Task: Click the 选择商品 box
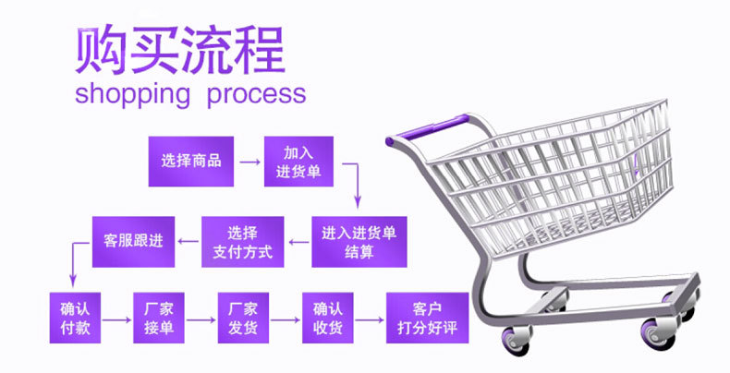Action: tap(191, 162)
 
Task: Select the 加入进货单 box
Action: tap(298, 162)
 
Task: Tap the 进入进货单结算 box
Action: tap(359, 242)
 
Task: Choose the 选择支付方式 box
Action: tap(242, 242)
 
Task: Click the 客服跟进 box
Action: tap(134, 242)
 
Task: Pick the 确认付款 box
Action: tap(75, 319)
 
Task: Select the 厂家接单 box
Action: tap(159, 319)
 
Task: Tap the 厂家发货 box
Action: tap(243, 319)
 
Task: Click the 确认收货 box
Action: tap(328, 319)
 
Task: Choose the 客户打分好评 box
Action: tap(428, 319)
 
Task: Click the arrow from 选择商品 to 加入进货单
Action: tap(250, 162)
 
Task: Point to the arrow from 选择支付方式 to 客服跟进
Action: tap(189, 241)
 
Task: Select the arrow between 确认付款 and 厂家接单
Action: tap(116, 320)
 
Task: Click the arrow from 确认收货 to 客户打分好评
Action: tap(370, 320)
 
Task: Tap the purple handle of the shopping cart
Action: tap(428, 129)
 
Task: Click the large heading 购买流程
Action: tap(179, 50)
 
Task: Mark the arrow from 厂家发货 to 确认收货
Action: tap(286, 320)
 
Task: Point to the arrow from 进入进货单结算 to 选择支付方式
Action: tap(298, 242)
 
